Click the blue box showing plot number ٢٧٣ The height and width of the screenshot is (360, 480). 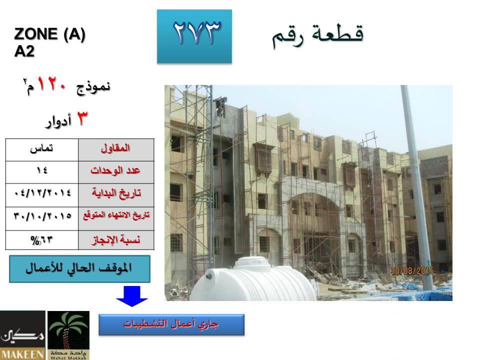pos(194,36)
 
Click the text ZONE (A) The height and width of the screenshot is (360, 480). pos(49,34)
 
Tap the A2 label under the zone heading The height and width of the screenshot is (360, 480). pos(24,51)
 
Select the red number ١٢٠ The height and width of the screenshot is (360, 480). pos(51,84)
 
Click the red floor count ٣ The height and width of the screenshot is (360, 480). pos(81,118)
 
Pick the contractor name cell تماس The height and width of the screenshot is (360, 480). pos(41,149)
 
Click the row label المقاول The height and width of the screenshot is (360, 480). pos(115,148)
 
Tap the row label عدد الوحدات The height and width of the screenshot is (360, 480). pos(115,170)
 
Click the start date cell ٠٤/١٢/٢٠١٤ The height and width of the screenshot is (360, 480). pos(42,193)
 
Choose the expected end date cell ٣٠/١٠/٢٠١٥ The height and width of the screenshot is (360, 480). pos(42,216)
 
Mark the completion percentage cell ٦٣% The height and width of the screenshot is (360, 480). pos(41,240)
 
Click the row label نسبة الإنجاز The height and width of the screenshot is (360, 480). pos(116,239)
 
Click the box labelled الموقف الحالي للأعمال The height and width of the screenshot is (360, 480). pos(79,269)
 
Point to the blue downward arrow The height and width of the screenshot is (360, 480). pos(132,296)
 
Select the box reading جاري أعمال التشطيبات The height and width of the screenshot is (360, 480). pos(171,324)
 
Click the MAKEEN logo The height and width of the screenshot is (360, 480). pos(22,335)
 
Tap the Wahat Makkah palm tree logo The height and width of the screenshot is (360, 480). pos(68,335)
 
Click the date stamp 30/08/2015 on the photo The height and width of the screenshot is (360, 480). pos(412,271)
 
